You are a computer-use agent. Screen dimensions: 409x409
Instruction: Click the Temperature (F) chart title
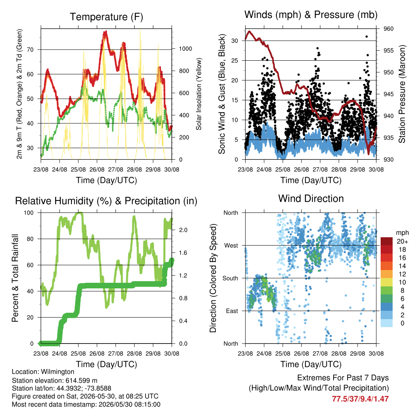pos(106,17)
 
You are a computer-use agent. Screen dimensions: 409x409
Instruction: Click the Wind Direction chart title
pos(311,199)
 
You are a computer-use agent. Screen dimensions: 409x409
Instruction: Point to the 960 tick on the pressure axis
pos(388,29)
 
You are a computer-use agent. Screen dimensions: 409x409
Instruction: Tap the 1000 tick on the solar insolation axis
pos(185,49)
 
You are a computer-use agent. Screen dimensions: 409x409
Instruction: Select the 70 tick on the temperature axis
pos(30,50)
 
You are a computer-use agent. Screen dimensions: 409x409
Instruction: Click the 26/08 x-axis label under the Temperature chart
pos(97,169)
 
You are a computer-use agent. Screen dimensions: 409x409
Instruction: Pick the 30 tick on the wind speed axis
pos(234,41)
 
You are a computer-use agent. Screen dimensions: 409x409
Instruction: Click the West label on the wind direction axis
pos(231,246)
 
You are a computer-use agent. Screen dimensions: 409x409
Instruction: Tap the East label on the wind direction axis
pos(232,311)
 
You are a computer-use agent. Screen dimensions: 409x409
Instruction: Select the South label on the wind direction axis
pos(230,278)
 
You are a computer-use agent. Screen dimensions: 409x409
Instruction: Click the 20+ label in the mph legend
pos(402,241)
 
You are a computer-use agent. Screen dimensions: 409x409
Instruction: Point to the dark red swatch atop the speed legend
pos(387,241)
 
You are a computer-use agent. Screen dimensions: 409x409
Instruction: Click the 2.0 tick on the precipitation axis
pos(183,230)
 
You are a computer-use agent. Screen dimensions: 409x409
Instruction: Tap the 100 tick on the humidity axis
pos(29,213)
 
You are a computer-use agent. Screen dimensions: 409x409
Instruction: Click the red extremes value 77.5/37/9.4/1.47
pos(360,399)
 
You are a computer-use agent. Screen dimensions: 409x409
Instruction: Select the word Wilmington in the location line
pos(58,372)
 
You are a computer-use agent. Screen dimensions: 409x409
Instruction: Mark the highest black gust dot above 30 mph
pos(367,36)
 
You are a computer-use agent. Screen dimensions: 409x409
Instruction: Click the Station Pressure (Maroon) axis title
pos(402,94)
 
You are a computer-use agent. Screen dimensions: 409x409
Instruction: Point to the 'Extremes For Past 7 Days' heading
pos(343,378)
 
